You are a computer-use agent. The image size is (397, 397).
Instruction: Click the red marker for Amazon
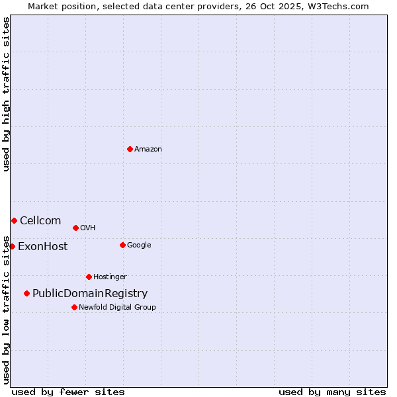click(130, 149)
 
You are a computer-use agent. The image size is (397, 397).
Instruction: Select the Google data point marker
click(122, 245)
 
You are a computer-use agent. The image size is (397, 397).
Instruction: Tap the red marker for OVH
click(75, 228)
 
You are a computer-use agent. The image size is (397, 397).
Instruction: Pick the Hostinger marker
click(89, 277)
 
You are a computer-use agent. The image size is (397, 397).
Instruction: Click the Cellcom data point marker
click(14, 220)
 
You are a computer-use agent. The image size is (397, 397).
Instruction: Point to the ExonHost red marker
click(12, 246)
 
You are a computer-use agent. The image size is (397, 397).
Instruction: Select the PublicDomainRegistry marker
click(26, 293)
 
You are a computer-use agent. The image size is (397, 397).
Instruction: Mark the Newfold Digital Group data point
click(74, 307)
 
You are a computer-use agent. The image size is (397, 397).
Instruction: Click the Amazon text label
click(148, 150)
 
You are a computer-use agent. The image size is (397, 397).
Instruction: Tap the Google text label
click(139, 245)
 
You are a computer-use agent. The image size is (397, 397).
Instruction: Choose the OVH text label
click(88, 228)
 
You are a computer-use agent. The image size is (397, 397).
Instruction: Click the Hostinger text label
click(110, 277)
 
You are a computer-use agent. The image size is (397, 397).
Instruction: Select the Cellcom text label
click(40, 221)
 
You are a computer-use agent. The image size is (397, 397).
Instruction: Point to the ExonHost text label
click(42, 247)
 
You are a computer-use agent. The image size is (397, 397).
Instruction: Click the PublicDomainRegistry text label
click(90, 294)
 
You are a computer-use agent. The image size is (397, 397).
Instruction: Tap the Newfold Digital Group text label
click(117, 308)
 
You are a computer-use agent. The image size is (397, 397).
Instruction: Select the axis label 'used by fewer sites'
click(68, 392)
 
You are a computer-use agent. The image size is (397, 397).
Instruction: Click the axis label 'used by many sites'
click(332, 392)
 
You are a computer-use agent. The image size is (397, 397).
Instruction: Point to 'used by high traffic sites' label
click(6, 94)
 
